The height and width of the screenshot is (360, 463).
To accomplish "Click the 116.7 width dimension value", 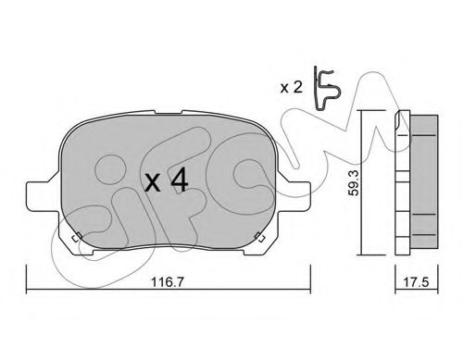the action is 168,281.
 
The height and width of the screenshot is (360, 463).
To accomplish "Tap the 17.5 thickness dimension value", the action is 417,281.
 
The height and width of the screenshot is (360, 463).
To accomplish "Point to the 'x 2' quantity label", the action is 291,88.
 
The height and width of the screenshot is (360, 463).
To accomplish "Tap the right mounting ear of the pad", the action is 294,194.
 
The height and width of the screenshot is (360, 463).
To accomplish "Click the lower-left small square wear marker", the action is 77,237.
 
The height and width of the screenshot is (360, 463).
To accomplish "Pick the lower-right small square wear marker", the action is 259,237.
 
